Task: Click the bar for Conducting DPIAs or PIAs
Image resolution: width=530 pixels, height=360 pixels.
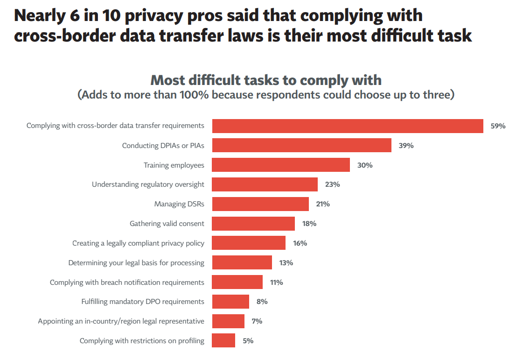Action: (301, 145)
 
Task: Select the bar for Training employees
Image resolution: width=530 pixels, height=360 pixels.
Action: (281, 165)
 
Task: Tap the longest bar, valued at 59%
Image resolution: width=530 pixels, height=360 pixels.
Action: (348, 126)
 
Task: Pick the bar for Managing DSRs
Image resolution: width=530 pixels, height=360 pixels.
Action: (260, 204)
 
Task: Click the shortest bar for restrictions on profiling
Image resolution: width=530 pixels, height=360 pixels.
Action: (223, 341)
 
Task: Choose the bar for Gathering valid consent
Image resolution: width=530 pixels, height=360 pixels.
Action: (253, 224)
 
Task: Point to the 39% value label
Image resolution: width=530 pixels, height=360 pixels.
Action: (406, 146)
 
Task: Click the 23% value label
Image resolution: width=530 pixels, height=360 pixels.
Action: (332, 184)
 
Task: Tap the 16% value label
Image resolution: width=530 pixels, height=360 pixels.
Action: (300, 243)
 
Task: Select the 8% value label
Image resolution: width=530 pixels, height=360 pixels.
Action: (262, 302)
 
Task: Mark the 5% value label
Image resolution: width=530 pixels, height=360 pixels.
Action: (248, 341)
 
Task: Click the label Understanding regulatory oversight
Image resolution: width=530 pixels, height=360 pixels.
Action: (148, 184)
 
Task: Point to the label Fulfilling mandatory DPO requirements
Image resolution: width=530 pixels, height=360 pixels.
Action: (143, 302)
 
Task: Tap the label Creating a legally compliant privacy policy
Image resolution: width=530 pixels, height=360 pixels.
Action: (138, 243)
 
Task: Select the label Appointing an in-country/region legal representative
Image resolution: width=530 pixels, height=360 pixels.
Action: (121, 321)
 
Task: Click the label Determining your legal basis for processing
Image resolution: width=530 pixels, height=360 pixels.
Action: (136, 263)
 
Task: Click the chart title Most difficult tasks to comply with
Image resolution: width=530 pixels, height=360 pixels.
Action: (266, 80)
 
